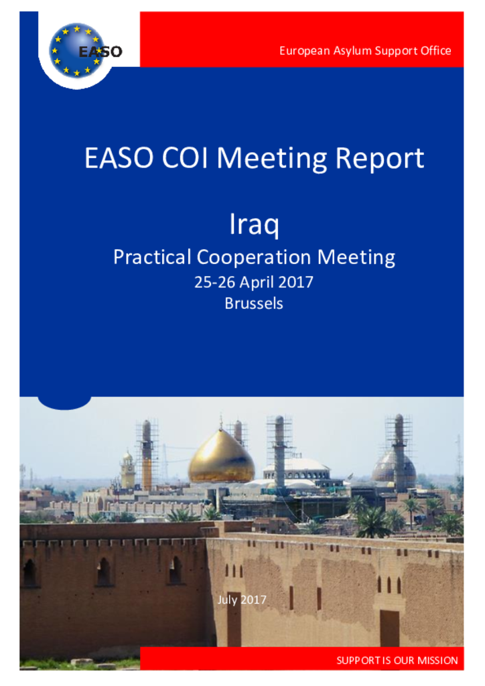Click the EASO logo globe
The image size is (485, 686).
[77, 51]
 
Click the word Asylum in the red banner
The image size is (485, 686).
[352, 51]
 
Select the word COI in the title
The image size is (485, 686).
[184, 157]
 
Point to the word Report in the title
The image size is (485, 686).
[380, 158]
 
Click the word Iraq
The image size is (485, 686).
[254, 224]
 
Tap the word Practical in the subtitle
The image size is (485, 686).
[152, 257]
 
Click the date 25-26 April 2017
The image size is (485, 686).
[254, 282]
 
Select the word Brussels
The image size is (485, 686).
[254, 303]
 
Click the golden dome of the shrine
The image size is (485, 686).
[221, 458]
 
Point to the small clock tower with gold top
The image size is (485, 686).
[128, 470]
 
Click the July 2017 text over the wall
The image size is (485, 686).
[242, 600]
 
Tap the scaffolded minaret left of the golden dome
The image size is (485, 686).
[147, 455]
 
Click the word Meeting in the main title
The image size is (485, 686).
[271, 158]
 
